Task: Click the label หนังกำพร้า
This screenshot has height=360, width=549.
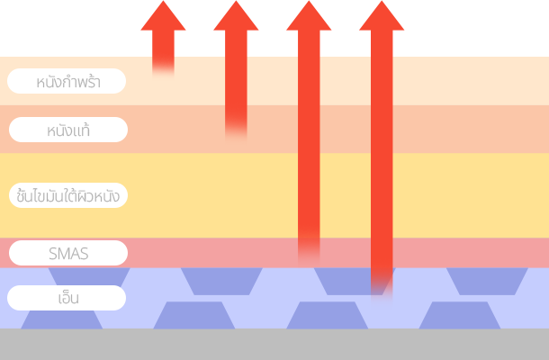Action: [67, 82]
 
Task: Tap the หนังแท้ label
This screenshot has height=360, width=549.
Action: [68, 130]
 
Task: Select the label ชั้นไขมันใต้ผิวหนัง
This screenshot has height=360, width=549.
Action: [67, 194]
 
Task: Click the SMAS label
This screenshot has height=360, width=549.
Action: [68, 253]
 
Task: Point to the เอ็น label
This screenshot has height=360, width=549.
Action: [67, 297]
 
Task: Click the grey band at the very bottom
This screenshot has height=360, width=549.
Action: [274, 345]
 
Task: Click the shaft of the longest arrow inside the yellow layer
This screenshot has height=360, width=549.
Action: [382, 194]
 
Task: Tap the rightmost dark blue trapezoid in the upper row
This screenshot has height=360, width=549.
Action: [487, 280]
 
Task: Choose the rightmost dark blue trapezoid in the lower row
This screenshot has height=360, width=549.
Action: [460, 315]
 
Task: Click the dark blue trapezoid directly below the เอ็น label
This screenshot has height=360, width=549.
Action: [61, 319]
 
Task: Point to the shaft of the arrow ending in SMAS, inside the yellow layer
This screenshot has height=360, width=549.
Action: [309, 194]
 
